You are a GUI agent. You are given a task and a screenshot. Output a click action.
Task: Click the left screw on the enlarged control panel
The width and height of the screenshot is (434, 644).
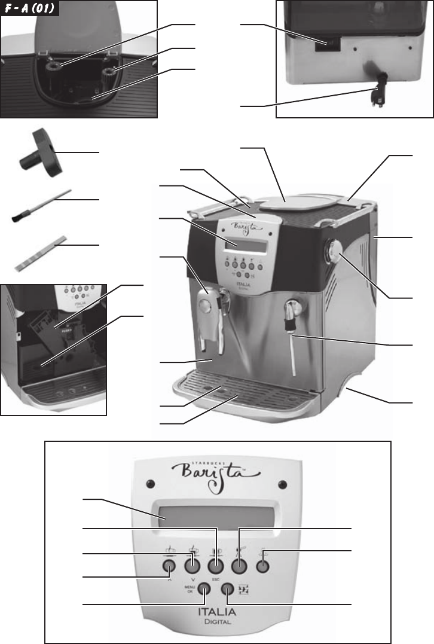pyautogui.click(x=151, y=484)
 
